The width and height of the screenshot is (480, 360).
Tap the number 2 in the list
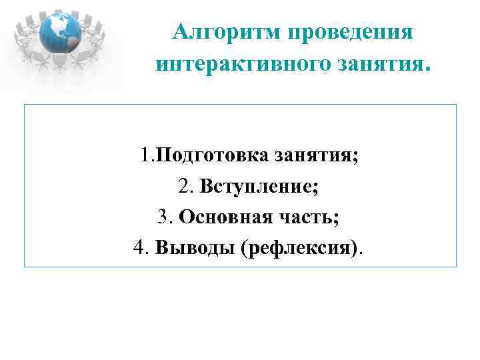(x=185, y=187)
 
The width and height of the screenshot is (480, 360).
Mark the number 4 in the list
(x=139, y=248)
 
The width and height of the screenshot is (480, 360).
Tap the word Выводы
(x=196, y=248)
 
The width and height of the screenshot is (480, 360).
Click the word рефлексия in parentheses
(x=304, y=248)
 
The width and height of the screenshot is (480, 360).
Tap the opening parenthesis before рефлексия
(x=247, y=248)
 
